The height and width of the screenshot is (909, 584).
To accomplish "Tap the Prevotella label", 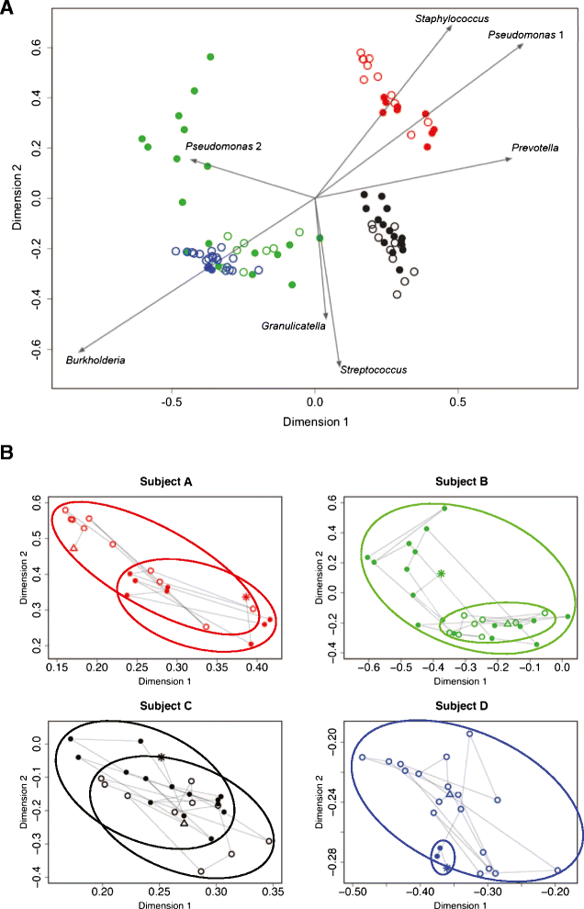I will (x=535, y=148).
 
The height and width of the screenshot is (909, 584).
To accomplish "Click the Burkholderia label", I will (x=95, y=360).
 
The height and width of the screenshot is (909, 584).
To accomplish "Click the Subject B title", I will (x=454, y=482).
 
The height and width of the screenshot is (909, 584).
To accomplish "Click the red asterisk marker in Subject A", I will (x=246, y=597).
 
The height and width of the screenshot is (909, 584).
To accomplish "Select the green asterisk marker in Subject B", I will (x=442, y=574).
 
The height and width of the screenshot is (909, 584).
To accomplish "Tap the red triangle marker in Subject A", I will (x=73, y=548).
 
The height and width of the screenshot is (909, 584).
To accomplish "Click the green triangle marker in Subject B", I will (x=508, y=623).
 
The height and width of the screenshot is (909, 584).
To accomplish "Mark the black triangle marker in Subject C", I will (x=185, y=823).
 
